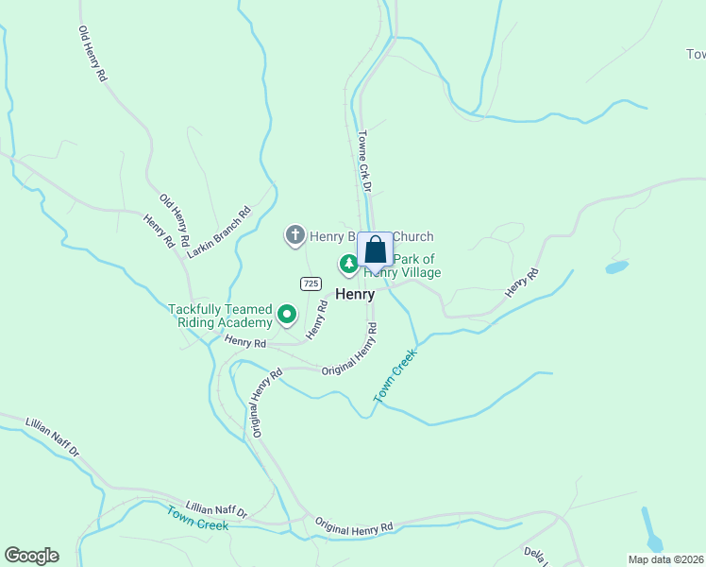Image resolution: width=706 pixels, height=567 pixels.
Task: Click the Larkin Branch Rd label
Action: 219,232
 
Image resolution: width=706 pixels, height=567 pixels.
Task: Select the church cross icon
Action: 294,235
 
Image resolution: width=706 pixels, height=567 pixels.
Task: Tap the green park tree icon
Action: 348,263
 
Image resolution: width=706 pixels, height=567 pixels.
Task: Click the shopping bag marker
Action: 375,250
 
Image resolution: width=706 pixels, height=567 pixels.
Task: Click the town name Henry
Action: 355,294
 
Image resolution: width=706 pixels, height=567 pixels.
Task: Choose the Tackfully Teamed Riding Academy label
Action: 220,316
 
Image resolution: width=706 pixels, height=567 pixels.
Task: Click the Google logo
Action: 31,556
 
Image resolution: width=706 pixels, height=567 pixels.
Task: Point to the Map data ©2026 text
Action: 666,559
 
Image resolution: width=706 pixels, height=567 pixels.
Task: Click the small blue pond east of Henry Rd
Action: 616,267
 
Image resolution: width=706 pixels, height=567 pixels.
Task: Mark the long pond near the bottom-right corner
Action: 651,529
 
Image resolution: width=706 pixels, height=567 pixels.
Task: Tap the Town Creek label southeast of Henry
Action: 395,376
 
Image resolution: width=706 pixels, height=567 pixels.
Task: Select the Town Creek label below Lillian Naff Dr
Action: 197,518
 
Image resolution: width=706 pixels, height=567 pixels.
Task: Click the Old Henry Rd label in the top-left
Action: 92,53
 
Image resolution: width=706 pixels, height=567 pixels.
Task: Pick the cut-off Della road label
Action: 536,554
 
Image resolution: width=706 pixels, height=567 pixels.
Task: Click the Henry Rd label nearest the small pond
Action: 521,283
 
